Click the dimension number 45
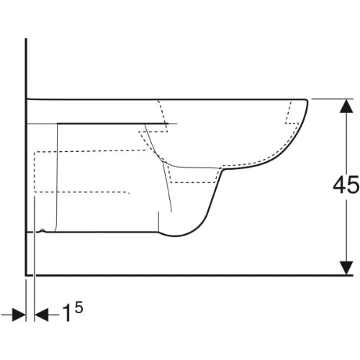click(x=346, y=184)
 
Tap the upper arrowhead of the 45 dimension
click(x=346, y=106)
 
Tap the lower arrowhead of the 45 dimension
click(x=346, y=268)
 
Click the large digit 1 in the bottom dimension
click(x=68, y=313)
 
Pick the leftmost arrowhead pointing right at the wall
click(x=19, y=315)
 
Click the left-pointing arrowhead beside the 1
click(x=42, y=315)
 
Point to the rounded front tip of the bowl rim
click(x=307, y=101)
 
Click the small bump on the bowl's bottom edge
click(x=42, y=230)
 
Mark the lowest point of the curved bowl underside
click(x=176, y=237)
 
